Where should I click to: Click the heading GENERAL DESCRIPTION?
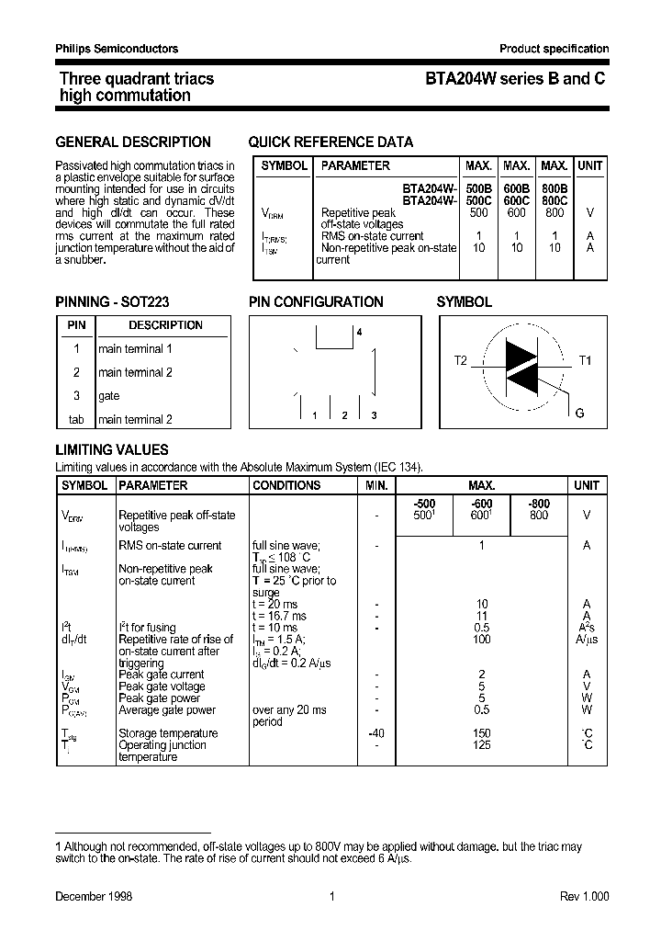(x=133, y=142)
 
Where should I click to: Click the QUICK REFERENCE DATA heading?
(x=330, y=142)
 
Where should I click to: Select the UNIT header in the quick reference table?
(x=589, y=166)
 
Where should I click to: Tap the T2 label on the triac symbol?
(x=461, y=360)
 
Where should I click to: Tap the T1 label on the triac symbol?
(x=585, y=360)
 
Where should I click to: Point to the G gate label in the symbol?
(x=579, y=414)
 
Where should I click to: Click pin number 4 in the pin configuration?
(x=360, y=332)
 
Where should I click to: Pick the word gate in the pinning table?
(x=109, y=396)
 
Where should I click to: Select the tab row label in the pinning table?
(x=76, y=420)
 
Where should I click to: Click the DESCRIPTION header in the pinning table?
(x=165, y=325)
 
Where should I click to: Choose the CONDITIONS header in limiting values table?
(x=286, y=485)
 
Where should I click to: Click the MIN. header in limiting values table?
(x=376, y=485)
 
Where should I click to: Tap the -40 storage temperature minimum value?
(x=375, y=733)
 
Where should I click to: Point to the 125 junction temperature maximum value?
(x=481, y=745)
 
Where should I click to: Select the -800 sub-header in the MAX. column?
(x=539, y=504)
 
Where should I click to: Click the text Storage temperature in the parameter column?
(x=168, y=733)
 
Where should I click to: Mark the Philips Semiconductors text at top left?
(x=117, y=49)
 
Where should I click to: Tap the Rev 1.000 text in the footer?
(x=584, y=897)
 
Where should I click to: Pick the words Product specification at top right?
(x=554, y=49)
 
